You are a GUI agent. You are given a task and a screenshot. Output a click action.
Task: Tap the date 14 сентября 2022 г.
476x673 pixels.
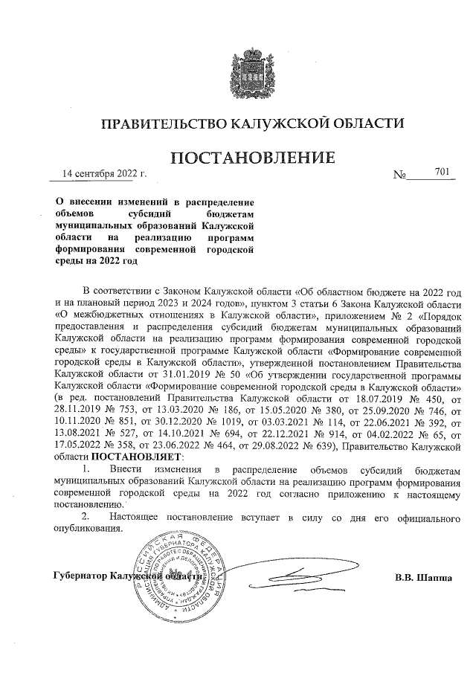click(105, 174)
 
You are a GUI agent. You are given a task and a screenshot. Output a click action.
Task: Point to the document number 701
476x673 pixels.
click(443, 173)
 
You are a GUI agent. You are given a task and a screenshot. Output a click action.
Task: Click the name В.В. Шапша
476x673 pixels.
click(423, 577)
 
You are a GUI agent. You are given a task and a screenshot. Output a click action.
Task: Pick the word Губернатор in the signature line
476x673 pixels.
click(80, 577)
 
